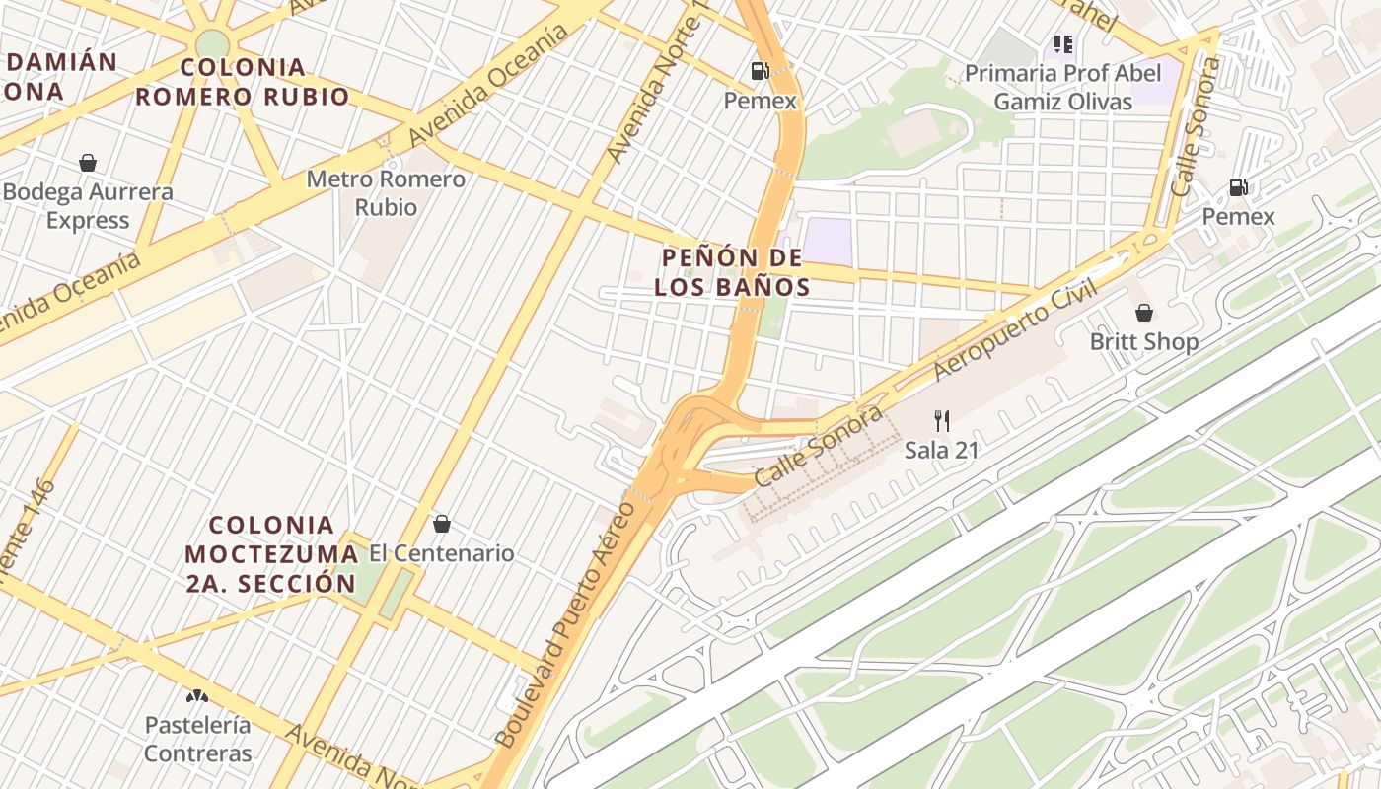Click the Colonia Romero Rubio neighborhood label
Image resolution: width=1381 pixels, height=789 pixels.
pyautogui.click(x=243, y=82)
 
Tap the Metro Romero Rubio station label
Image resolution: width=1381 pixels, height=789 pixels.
pyautogui.click(x=386, y=193)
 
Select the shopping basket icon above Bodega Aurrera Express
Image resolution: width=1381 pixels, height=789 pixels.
pyautogui.click(x=88, y=163)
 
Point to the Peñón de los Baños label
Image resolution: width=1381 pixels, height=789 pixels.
pyautogui.click(x=732, y=272)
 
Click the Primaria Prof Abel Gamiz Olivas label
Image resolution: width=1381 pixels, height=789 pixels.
pyautogui.click(x=1062, y=87)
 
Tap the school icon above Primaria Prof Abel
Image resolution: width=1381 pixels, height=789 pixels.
pyautogui.click(x=1062, y=44)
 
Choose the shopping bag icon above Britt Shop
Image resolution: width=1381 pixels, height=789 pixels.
pyautogui.click(x=1144, y=313)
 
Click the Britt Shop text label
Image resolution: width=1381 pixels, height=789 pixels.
pyautogui.click(x=1144, y=342)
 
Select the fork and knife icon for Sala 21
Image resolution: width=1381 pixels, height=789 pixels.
pyautogui.click(x=942, y=421)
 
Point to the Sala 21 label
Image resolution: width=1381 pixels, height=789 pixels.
pyautogui.click(x=941, y=451)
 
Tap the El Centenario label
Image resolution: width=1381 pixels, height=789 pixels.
pyautogui.click(x=442, y=553)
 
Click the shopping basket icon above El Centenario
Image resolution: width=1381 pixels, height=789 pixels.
pyautogui.click(x=442, y=524)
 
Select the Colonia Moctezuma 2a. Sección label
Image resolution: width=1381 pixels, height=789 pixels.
pyautogui.click(x=270, y=553)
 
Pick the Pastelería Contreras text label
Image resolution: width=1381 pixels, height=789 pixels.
pyautogui.click(x=197, y=739)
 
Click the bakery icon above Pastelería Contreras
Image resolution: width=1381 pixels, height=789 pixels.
pyautogui.click(x=197, y=695)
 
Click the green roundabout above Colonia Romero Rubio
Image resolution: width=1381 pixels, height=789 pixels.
pyautogui.click(x=212, y=43)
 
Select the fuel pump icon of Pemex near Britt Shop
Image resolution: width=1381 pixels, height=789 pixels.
pyautogui.click(x=1239, y=187)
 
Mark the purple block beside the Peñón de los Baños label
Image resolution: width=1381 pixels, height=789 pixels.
pyautogui.click(x=828, y=242)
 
